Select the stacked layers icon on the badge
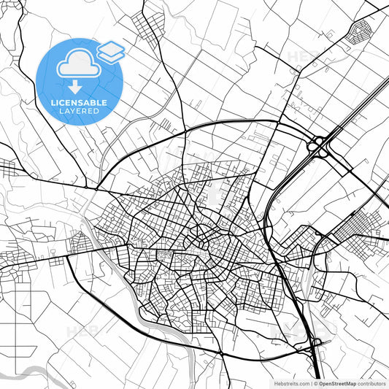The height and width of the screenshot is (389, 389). pyautogui.click(x=110, y=51)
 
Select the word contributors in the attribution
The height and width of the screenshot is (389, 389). pyautogui.click(x=373, y=382)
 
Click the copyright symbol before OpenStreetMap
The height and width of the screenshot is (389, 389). pyautogui.click(x=315, y=382)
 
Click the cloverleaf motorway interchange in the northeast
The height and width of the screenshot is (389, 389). pyautogui.click(x=318, y=145)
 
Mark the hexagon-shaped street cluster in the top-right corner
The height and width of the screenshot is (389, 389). pyautogui.click(x=360, y=31)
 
